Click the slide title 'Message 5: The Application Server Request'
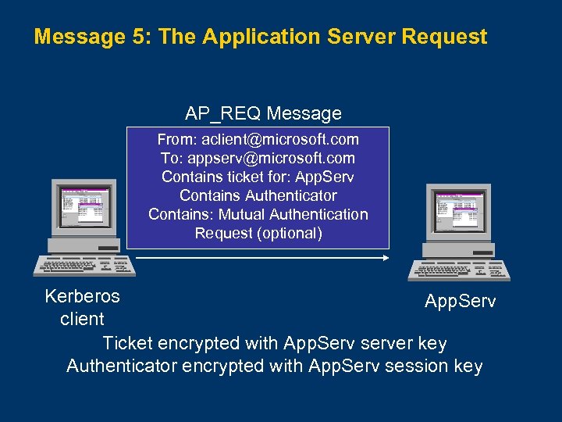261,37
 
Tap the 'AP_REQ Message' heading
263,113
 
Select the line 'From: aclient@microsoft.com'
258,140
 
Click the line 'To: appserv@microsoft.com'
258,159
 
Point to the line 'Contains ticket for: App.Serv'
258,177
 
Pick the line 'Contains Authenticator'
258,195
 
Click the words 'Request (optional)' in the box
258,233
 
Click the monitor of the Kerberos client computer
84,206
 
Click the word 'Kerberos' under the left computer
82,297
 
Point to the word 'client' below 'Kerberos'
82,319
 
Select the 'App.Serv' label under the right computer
460,301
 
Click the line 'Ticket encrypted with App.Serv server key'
275,343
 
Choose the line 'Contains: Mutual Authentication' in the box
258,214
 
